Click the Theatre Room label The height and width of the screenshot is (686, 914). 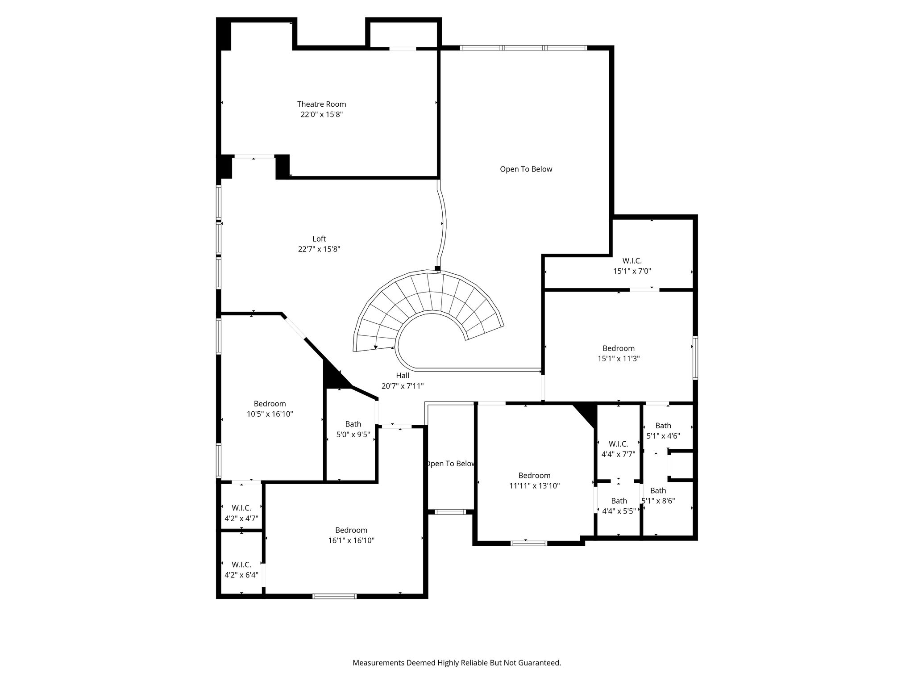pyautogui.click(x=321, y=109)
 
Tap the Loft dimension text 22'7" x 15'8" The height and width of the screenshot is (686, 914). pyautogui.click(x=319, y=249)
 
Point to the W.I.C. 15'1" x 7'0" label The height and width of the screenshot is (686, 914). pyautogui.click(x=632, y=266)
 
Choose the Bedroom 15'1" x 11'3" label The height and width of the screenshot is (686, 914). pyautogui.click(x=619, y=353)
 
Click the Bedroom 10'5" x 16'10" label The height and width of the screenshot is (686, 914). pyautogui.click(x=270, y=409)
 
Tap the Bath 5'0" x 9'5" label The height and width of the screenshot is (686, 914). pyautogui.click(x=353, y=429)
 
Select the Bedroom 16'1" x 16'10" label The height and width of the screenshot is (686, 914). pyautogui.click(x=351, y=535)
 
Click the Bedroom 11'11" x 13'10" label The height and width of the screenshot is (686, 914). pyautogui.click(x=534, y=481)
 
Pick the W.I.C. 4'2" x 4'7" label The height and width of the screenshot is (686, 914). pyautogui.click(x=241, y=513)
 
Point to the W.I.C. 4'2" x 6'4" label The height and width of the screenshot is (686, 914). pyautogui.click(x=241, y=570)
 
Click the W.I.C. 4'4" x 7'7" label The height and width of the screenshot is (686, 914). pyautogui.click(x=618, y=449)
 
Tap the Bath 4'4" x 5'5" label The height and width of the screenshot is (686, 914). pyautogui.click(x=619, y=506)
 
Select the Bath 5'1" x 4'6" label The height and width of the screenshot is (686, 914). pyautogui.click(x=663, y=431)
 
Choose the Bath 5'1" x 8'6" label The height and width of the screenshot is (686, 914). pyautogui.click(x=658, y=496)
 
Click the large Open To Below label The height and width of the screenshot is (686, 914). pyautogui.click(x=526, y=169)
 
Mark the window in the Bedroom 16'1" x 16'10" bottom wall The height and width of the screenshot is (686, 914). pyautogui.click(x=334, y=596)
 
